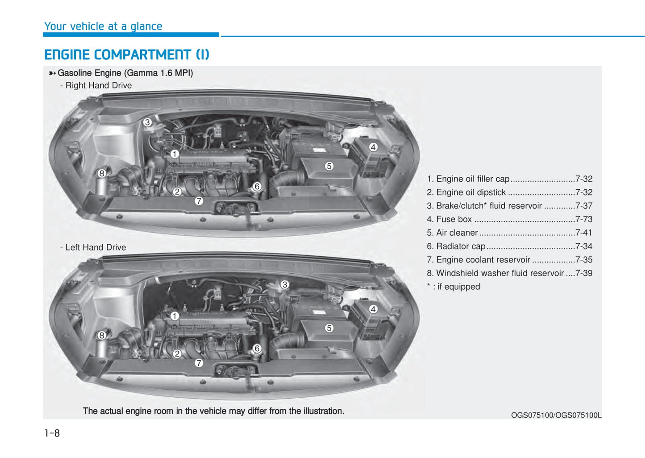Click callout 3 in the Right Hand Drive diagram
pos(147,122)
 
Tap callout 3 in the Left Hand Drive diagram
pos(285,285)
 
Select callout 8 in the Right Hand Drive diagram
pos(102,173)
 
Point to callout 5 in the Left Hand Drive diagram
pos(329,328)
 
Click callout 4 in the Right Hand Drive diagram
pos(374,147)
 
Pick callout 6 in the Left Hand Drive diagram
pos(257,349)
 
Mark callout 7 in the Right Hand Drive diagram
pos(199,201)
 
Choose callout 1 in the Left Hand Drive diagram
pos(175,316)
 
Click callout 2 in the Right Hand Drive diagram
pos(177,192)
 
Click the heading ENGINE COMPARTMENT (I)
pos(127,55)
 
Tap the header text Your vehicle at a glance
pos(103,26)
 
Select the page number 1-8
pos(52,433)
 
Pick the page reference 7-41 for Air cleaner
pos(584,233)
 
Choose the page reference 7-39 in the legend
pos(584,273)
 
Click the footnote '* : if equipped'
pos(454,287)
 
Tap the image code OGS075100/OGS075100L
pos(556,415)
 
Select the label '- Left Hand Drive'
pos(93,247)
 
